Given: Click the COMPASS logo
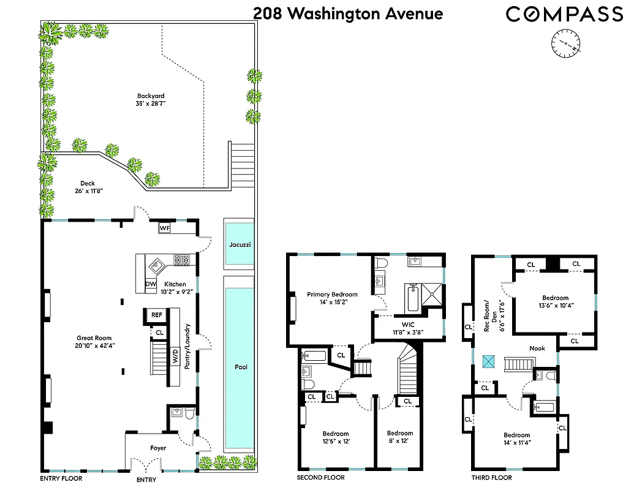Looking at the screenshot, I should pyautogui.click(x=564, y=14).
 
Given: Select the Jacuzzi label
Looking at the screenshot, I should pyautogui.click(x=240, y=244).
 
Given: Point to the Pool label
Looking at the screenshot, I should pyautogui.click(x=240, y=367).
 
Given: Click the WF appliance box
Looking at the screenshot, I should pyautogui.click(x=164, y=228).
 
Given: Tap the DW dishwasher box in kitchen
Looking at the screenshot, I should pyautogui.click(x=151, y=284).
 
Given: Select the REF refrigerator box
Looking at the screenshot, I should pyautogui.click(x=157, y=315).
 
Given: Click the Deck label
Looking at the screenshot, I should pyautogui.click(x=88, y=183).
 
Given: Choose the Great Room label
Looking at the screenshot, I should pyautogui.click(x=94, y=337).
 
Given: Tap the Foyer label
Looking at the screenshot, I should pyautogui.click(x=158, y=448).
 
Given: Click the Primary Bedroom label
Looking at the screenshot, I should pyautogui.click(x=332, y=295).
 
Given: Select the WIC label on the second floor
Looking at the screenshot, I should pyautogui.click(x=408, y=324).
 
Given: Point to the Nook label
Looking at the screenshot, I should pyautogui.click(x=537, y=348).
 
